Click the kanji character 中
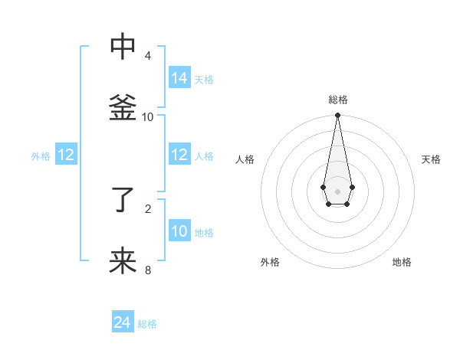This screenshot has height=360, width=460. [123, 47]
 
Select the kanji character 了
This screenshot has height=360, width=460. [123, 201]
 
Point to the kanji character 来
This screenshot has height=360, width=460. [123, 261]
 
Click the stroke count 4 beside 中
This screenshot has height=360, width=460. [147, 56]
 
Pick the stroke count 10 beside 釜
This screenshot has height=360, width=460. [148, 117]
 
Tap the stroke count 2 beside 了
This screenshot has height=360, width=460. [148, 208]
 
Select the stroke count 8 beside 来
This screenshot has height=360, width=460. [148, 270]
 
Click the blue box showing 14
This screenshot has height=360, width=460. [179, 77]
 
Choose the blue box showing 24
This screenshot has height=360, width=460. [123, 322]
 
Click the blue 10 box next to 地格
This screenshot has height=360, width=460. [179, 231]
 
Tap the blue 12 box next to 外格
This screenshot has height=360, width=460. [66, 155]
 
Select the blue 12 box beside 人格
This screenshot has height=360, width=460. [179, 155]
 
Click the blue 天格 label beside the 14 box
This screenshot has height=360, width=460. [204, 80]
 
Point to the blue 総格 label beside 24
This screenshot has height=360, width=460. [147, 325]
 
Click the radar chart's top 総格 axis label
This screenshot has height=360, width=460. [338, 100]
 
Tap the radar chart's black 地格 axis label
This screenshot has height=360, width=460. [402, 262]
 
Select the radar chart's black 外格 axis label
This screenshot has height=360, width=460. [270, 262]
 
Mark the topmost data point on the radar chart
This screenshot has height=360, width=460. [337, 116]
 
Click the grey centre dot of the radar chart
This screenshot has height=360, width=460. [337, 191]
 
